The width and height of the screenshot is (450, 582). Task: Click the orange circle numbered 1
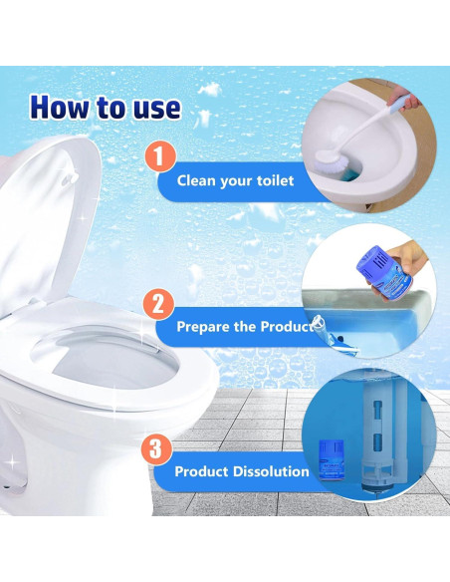pyautogui.click(x=159, y=156)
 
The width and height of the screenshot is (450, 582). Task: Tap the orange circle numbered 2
pyautogui.click(x=158, y=304)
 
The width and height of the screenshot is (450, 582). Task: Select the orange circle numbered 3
pyautogui.click(x=156, y=448)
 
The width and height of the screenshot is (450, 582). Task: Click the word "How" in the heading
pyautogui.click(x=60, y=107)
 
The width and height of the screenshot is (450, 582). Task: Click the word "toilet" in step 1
pyautogui.click(x=276, y=180)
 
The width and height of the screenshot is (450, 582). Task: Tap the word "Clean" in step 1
pyautogui.click(x=196, y=180)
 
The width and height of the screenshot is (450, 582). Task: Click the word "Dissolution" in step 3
pyautogui.click(x=271, y=471)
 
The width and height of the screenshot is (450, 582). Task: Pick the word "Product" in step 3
pyautogui.click(x=201, y=471)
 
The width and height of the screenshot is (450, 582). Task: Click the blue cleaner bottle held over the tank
pyautogui.click(x=379, y=270)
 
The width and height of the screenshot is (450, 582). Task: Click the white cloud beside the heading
pyautogui.click(x=210, y=90)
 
